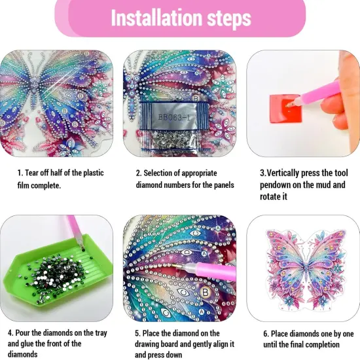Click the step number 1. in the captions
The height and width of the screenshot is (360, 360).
pos(20,173)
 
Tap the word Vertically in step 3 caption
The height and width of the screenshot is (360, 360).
pos(288,173)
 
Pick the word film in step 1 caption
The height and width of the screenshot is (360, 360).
pos(25,185)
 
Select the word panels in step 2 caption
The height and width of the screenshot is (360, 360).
pos(220,185)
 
